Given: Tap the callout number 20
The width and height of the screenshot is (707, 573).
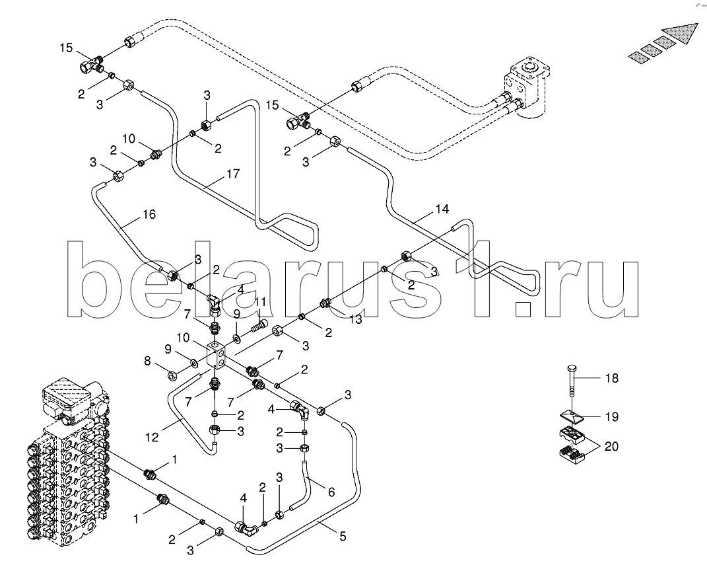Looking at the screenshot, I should click(612, 447).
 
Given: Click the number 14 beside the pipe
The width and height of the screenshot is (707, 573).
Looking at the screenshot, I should click(442, 210).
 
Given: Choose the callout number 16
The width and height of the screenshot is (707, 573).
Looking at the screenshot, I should click(149, 214).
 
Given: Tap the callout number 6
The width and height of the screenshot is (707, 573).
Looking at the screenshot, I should click(331, 491).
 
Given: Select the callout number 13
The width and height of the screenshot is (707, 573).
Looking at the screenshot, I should click(356, 320).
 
